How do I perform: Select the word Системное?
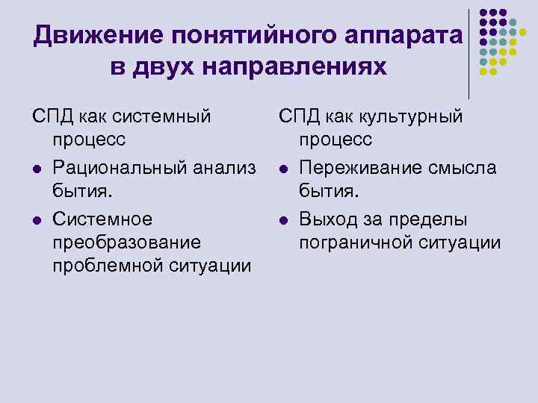[102, 219]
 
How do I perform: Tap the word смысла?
[466, 168]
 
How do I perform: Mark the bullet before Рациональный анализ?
[37, 169]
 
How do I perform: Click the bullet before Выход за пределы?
[284, 220]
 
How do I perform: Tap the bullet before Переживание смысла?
[284, 169]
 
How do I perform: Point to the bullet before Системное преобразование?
[37, 220]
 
